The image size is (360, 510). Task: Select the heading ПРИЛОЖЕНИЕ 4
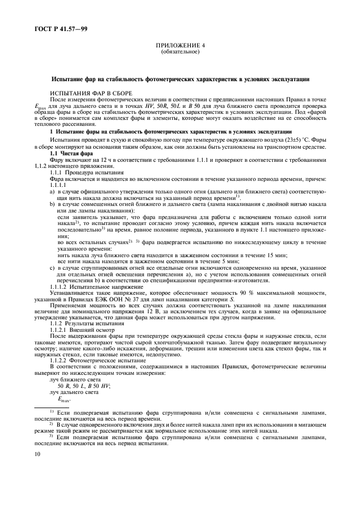(180, 46)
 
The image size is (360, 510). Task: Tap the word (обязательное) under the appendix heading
(180, 52)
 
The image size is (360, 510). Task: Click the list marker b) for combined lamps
(52, 204)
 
